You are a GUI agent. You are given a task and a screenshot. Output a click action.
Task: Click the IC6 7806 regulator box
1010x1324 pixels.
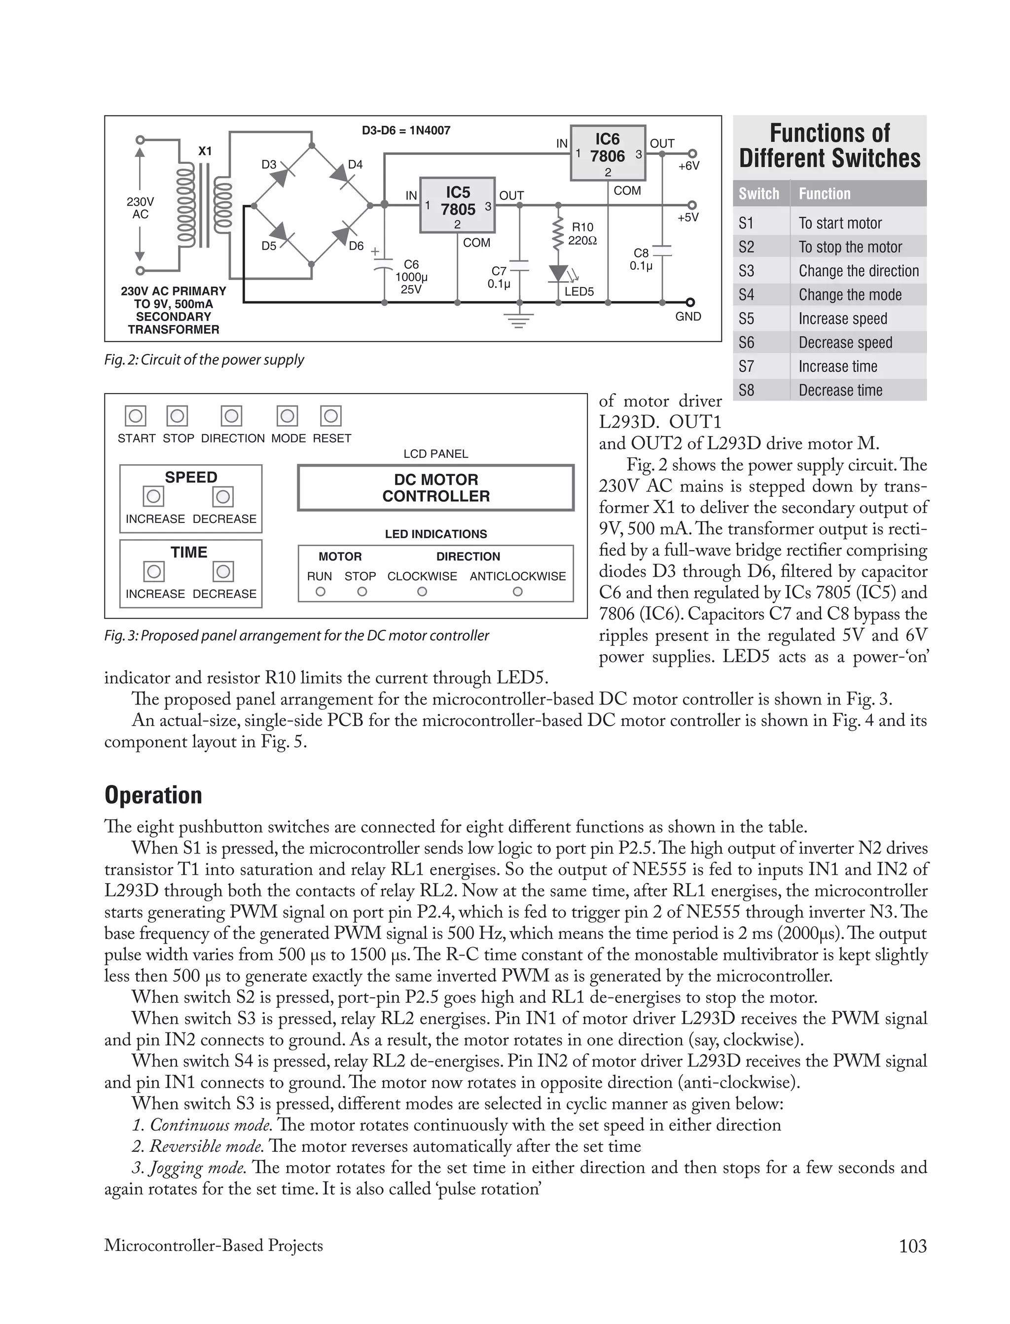click(x=607, y=153)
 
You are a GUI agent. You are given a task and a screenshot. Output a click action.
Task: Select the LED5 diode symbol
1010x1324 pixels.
click(x=558, y=273)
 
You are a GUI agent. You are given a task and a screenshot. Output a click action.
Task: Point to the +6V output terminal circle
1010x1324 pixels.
click(x=692, y=153)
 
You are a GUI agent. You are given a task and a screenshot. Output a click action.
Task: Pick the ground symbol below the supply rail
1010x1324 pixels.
click(x=518, y=321)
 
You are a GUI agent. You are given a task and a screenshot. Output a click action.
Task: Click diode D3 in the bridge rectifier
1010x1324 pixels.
click(x=281, y=176)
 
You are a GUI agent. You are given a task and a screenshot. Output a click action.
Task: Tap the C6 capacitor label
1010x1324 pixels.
click(x=411, y=264)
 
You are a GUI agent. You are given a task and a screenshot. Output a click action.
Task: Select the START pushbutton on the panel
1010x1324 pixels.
click(x=136, y=415)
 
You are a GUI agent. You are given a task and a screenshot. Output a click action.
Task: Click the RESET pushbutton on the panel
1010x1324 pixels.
click(x=330, y=415)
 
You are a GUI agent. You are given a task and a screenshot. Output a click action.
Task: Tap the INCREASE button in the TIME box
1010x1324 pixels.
click(x=154, y=571)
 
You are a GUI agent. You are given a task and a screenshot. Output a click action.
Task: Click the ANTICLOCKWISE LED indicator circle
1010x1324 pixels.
click(x=518, y=591)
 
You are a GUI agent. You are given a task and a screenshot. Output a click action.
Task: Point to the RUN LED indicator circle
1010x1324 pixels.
click(x=321, y=591)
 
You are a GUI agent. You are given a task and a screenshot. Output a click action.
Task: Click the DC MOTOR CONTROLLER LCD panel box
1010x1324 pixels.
click(x=436, y=488)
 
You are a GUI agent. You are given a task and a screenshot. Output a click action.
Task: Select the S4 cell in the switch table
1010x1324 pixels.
click(x=747, y=294)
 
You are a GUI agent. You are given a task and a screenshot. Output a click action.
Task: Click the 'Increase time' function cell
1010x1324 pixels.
click(x=837, y=366)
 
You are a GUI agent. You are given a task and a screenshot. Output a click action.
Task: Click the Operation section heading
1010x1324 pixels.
click(x=153, y=795)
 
